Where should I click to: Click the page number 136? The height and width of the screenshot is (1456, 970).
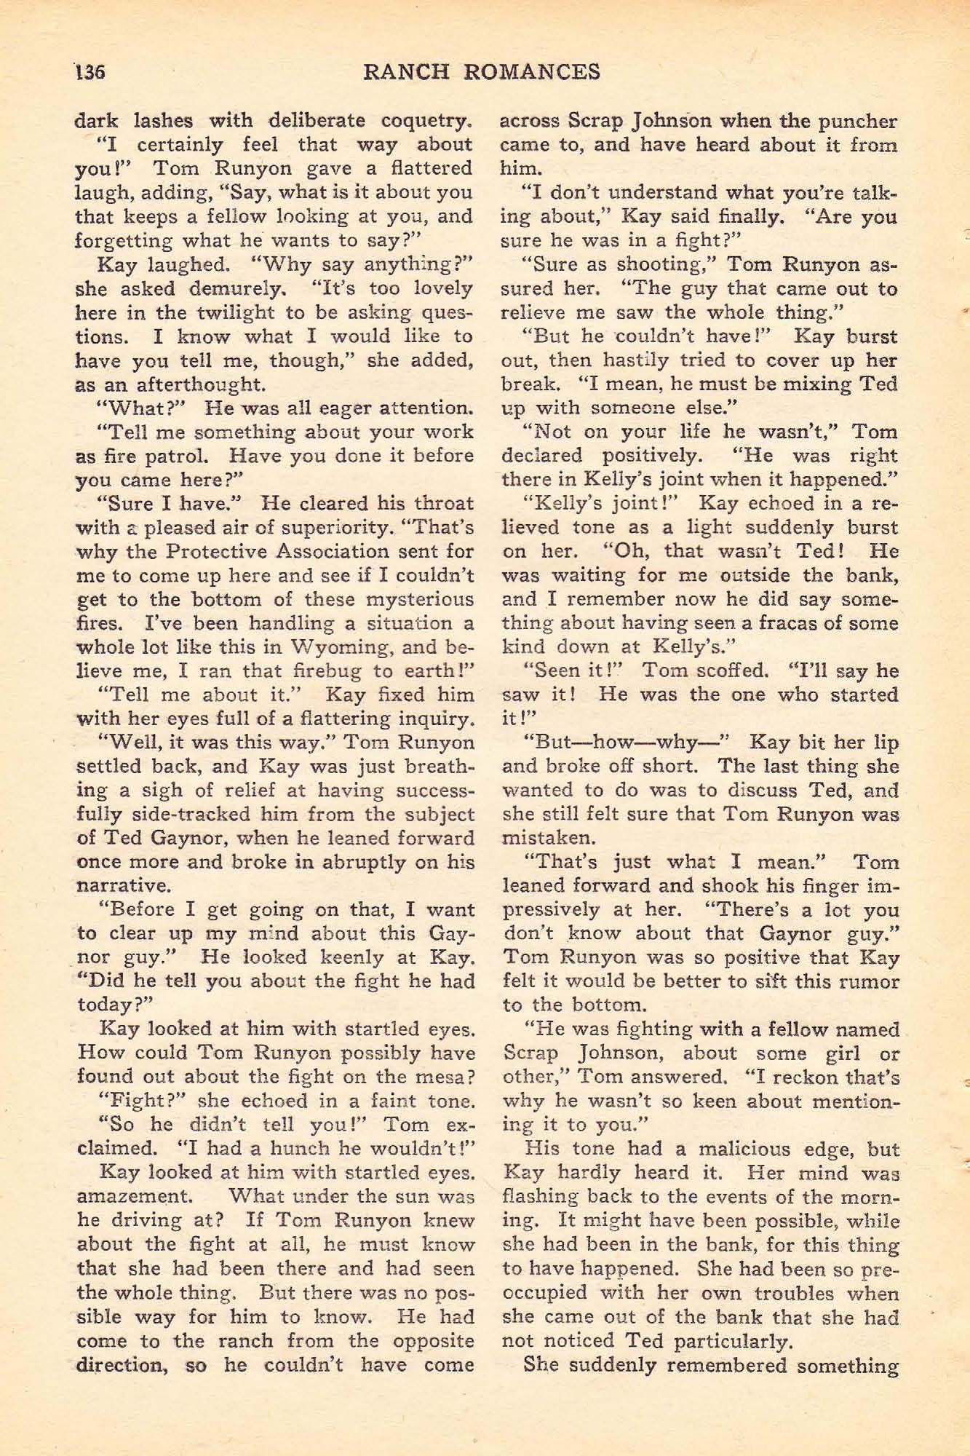click(x=89, y=72)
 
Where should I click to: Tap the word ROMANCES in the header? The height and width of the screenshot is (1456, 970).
click(x=530, y=71)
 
